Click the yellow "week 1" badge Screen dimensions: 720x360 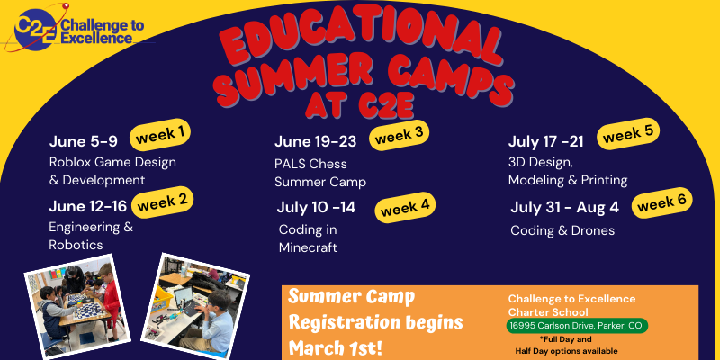160,134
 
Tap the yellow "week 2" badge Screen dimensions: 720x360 163,202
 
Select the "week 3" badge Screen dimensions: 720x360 399,135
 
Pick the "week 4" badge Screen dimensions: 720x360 405,208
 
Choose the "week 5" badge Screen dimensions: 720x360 628,133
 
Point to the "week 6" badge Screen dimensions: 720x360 661,202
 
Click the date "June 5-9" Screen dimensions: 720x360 83,142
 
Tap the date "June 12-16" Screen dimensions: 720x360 87,207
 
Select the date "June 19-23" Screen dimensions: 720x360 316,142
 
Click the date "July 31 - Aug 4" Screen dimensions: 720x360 565,208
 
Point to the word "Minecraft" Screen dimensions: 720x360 308,248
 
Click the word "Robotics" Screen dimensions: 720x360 76,245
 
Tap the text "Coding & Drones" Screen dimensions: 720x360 562,230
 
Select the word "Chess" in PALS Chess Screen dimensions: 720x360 328,164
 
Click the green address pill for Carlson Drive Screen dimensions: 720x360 577,326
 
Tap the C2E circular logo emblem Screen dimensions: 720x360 35,29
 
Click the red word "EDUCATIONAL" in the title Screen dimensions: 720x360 360,42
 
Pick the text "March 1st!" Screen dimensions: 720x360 335,347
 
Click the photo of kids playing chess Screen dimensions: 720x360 77,306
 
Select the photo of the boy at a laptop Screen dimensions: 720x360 195,306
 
